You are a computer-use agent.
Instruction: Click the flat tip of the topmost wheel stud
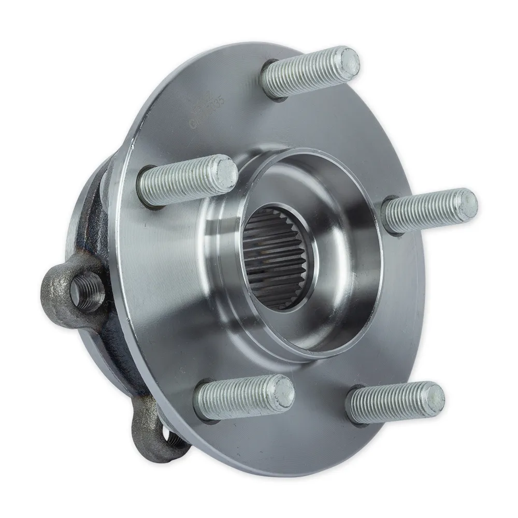tap(346, 61)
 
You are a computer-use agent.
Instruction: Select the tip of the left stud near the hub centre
tap(225, 173)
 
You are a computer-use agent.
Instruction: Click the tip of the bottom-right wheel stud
tap(431, 396)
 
